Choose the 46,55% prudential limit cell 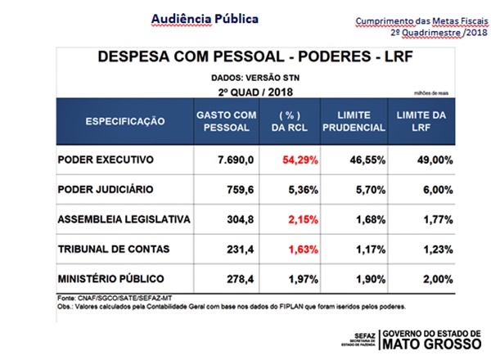pos(359,158)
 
